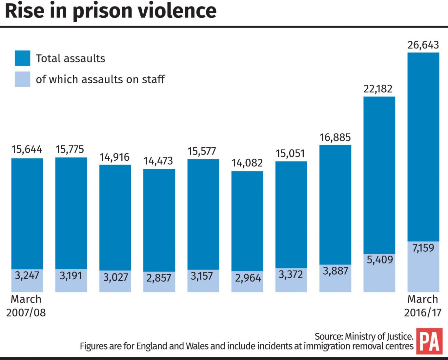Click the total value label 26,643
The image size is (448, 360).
coord(423,45)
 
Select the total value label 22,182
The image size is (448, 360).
coord(378,89)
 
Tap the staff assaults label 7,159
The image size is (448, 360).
coord(423,248)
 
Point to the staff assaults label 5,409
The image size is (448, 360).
coord(379,260)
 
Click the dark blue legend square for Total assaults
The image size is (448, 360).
coord(22,58)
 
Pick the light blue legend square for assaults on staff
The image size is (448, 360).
coord(22,79)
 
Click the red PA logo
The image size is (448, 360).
coord(429,341)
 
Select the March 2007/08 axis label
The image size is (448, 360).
coord(26,306)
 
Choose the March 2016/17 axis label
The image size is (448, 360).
coord(423,306)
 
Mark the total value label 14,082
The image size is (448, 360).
coord(247,163)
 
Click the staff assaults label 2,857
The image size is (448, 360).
coord(159,278)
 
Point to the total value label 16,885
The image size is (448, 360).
coord(335,137)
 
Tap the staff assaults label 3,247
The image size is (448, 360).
coord(27,275)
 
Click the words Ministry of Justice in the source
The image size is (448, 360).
coord(379,336)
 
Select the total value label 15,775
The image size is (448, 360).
coord(70,149)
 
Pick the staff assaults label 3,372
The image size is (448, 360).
coord(291,274)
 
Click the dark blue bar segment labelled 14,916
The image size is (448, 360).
coord(115,217)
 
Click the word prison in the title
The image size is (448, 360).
coord(102,11)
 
